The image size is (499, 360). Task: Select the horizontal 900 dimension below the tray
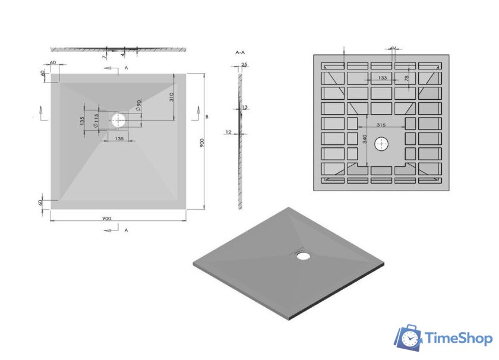[107, 218]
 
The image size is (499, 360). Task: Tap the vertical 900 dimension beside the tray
[203, 143]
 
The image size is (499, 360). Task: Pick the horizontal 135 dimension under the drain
[119, 139]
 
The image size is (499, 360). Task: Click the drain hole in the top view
[119, 119]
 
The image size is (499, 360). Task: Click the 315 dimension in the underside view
[382, 125]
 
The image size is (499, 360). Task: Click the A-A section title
[241, 53]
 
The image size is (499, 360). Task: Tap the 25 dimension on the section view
[244, 64]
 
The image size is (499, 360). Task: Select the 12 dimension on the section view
[228, 132]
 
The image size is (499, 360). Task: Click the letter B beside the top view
[207, 117]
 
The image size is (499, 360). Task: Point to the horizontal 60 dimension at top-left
[53, 62]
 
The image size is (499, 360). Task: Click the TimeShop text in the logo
[459, 339]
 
